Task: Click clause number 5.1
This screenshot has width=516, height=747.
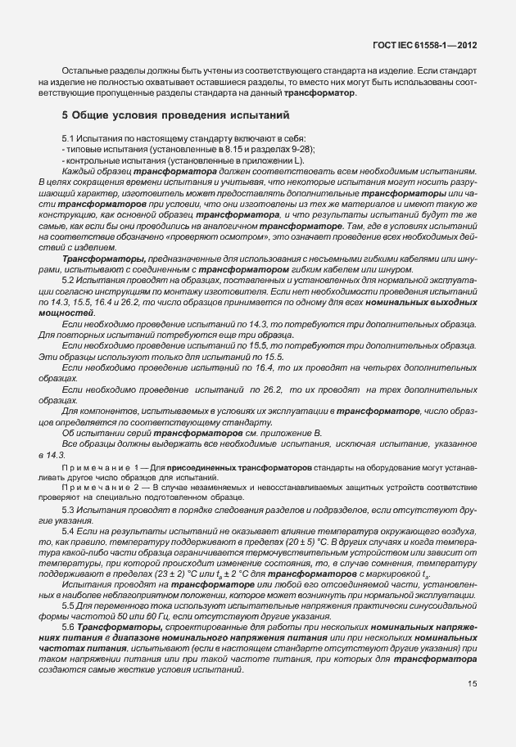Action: coord(69,139)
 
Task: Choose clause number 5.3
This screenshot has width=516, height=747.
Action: coord(69,510)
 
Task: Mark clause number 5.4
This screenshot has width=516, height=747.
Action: coord(69,531)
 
